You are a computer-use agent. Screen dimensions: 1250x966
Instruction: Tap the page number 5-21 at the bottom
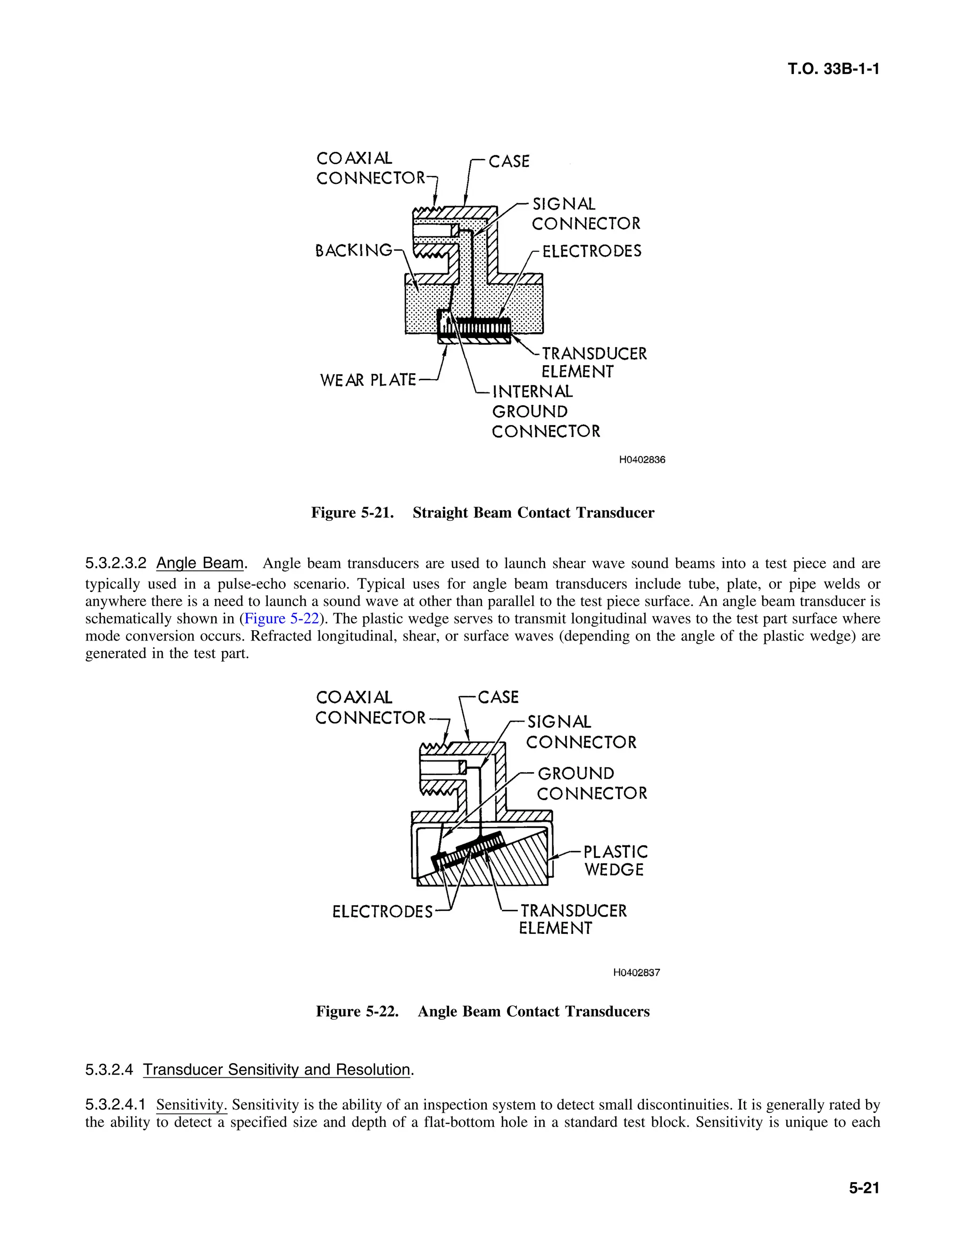click(864, 1188)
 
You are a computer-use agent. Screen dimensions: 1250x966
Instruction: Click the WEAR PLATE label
click(367, 380)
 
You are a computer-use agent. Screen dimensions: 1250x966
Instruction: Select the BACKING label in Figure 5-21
click(354, 250)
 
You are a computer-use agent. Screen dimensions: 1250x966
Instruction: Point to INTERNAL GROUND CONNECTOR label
click(545, 411)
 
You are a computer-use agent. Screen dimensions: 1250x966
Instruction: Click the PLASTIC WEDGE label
click(615, 860)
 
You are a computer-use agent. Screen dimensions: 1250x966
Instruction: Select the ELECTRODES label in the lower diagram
click(382, 912)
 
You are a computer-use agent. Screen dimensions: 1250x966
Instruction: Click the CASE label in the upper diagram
click(509, 161)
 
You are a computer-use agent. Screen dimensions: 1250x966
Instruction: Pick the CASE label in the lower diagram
click(498, 697)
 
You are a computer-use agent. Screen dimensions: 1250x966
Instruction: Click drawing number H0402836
click(642, 459)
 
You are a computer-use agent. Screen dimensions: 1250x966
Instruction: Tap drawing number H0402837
click(636, 973)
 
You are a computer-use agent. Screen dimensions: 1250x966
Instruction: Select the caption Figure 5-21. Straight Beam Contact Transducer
click(483, 512)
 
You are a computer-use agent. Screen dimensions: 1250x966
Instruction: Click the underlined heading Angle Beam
click(200, 563)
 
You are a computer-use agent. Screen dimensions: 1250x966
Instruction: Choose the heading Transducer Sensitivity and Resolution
click(276, 1070)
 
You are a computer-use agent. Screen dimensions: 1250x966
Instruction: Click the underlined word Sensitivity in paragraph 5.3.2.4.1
click(191, 1105)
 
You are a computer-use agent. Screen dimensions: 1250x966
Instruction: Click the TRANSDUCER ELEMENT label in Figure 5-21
click(593, 362)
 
